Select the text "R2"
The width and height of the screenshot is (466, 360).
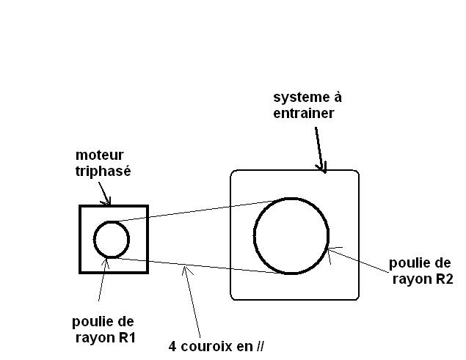[x=441, y=279]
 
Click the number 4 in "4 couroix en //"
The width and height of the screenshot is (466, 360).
[x=172, y=347]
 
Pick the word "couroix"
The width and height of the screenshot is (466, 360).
[x=206, y=347]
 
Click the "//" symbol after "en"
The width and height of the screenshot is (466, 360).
[x=258, y=347]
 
